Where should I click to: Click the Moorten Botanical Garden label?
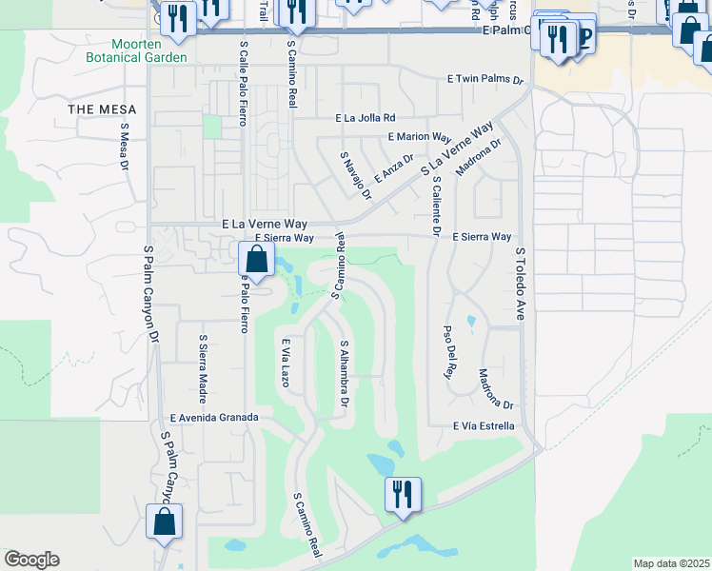[148, 50]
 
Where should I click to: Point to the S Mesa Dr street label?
[125, 147]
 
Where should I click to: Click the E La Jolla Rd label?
[365, 119]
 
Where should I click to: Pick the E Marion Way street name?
[420, 137]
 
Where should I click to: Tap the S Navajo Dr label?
[354, 174]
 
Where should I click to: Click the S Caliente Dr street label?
[435, 205]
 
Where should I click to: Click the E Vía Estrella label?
[484, 426]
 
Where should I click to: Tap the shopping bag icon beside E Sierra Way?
[255, 257]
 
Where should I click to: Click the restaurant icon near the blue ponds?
[402, 493]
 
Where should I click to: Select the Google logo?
[31, 560]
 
